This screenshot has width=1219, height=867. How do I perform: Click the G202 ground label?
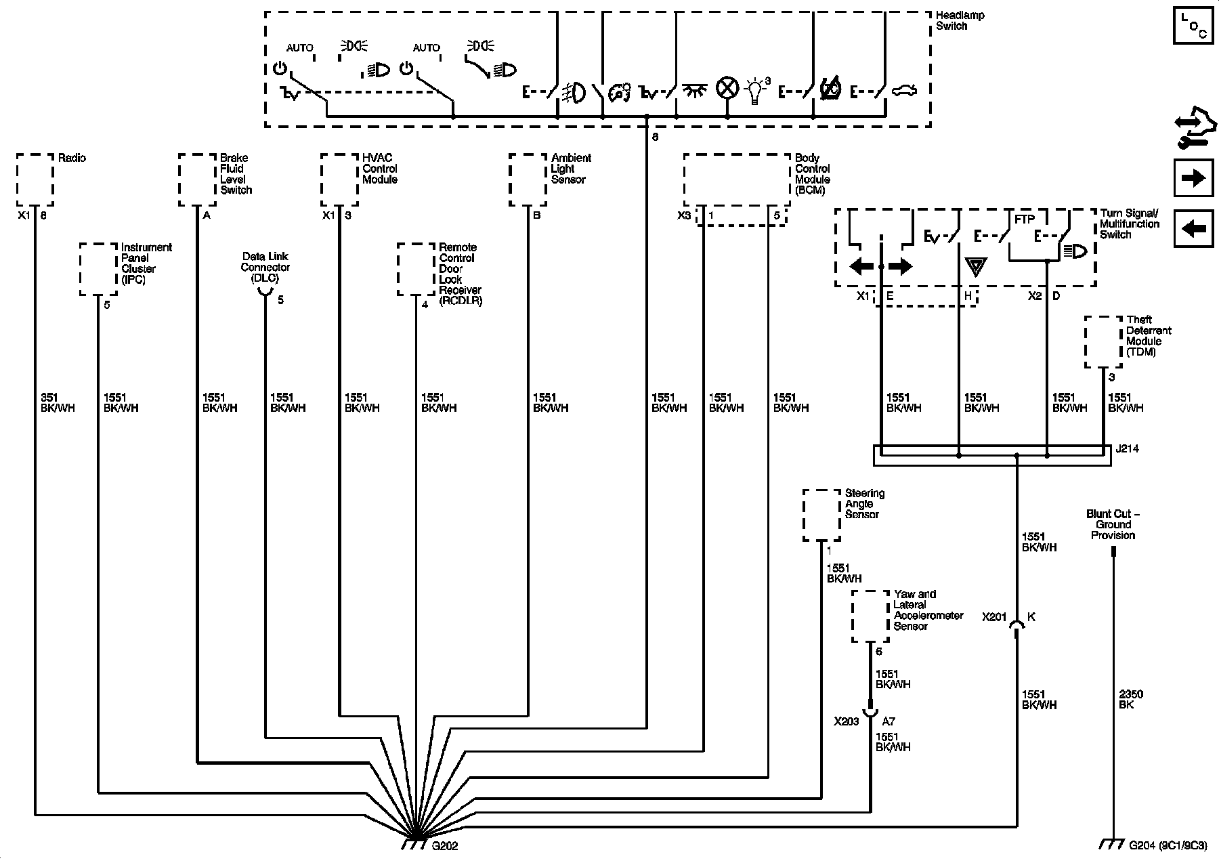pos(444,846)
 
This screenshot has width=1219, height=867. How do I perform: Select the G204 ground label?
pos(1158,845)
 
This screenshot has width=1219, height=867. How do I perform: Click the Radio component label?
pos(72,158)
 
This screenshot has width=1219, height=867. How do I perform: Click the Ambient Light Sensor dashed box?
pos(528,180)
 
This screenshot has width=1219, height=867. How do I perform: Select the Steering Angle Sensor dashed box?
pos(821,515)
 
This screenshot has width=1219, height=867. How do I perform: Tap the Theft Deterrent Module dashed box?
pos(1103,342)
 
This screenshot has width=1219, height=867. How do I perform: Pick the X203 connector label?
pos(847,721)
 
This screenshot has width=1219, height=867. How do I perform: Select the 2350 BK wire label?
pos(1130,699)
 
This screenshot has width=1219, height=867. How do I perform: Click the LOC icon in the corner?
pos(1193,26)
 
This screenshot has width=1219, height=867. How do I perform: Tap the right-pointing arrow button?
pos(1193,178)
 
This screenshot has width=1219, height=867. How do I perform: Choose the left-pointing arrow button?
pos(1193,228)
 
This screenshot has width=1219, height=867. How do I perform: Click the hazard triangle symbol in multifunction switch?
pos(975,266)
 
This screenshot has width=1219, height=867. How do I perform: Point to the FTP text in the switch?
pos(1024,219)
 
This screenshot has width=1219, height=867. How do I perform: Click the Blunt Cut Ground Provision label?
pos(1113,524)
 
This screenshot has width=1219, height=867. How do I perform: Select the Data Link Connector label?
pos(265,267)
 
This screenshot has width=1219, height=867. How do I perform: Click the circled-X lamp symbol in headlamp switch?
pos(727,89)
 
